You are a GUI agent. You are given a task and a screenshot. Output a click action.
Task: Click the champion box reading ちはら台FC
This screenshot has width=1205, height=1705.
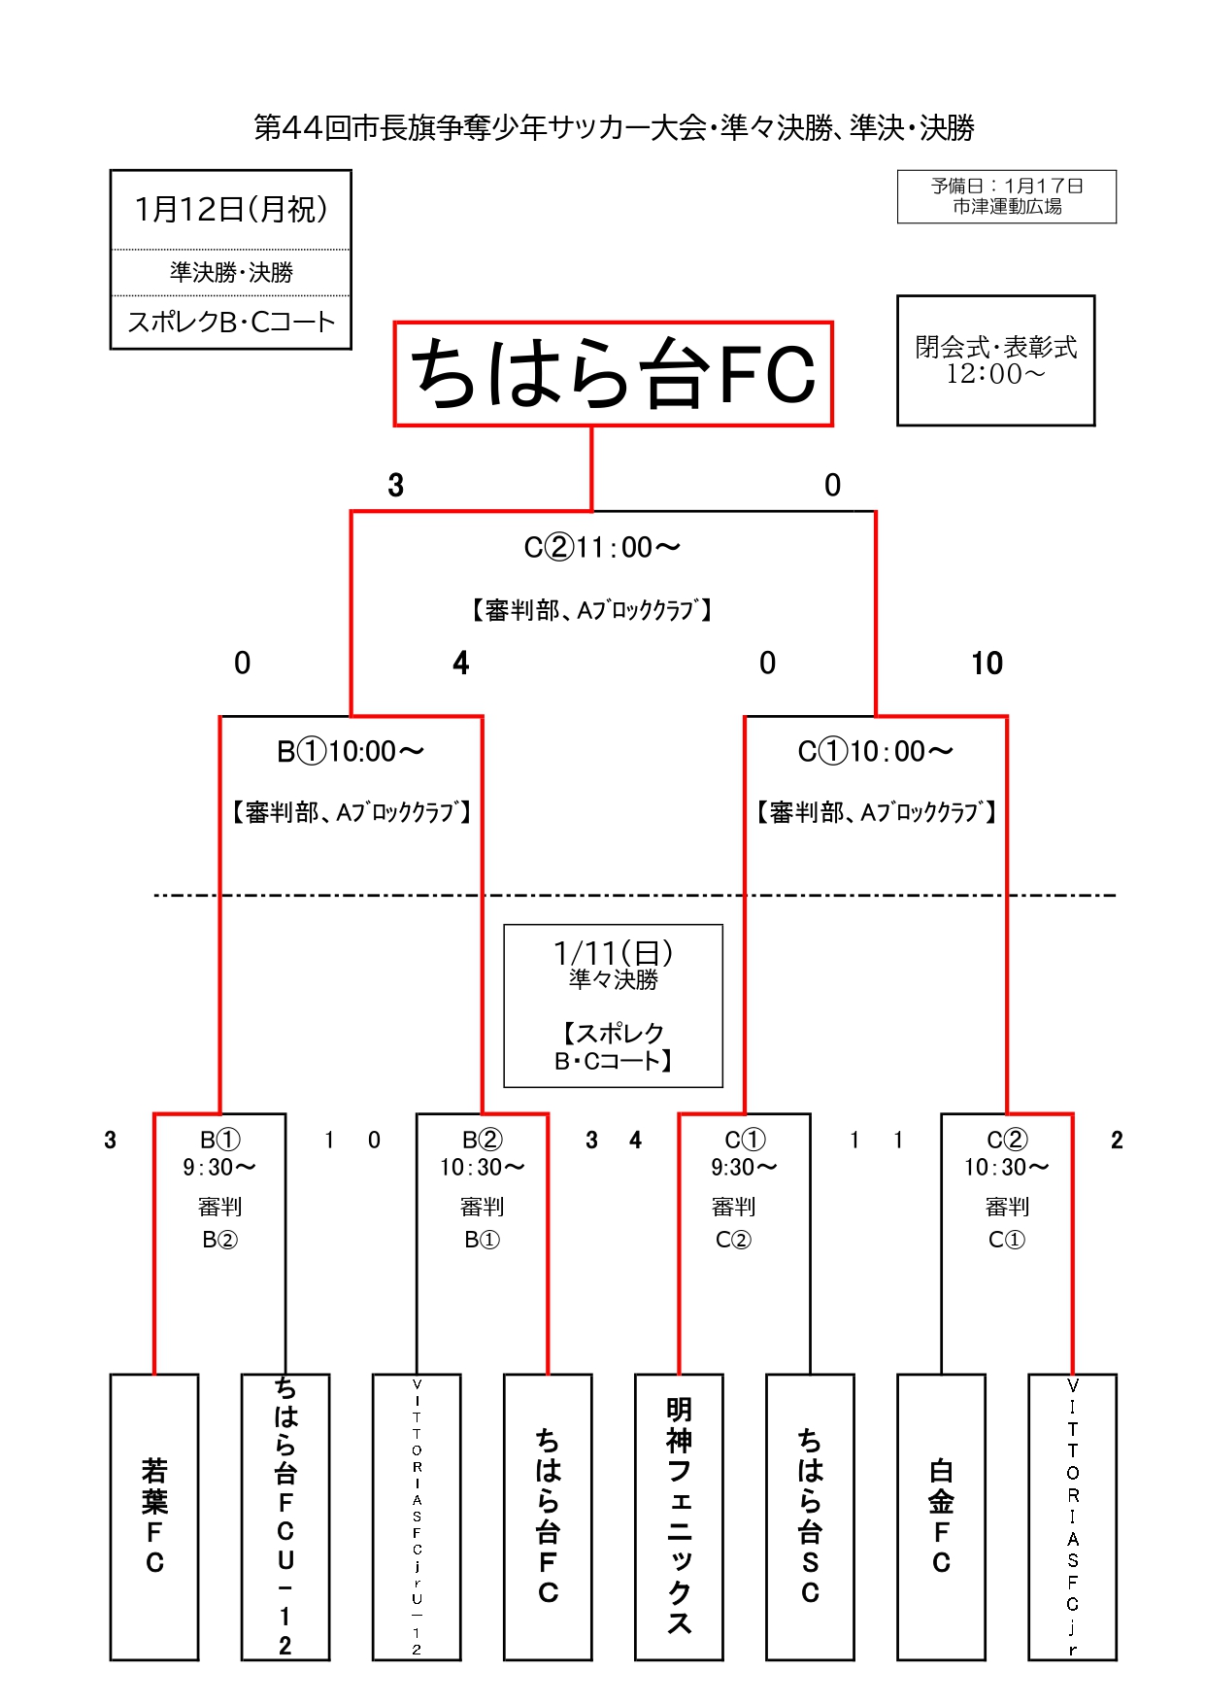click(x=613, y=374)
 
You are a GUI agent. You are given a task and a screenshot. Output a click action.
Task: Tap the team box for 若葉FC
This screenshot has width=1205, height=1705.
click(x=154, y=1516)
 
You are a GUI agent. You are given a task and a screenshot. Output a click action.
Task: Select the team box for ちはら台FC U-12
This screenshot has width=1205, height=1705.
click(x=285, y=1516)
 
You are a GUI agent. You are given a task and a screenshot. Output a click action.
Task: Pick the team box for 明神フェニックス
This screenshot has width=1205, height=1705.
click(x=679, y=1516)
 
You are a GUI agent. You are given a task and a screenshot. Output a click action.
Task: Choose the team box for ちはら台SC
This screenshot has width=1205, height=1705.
click(x=810, y=1516)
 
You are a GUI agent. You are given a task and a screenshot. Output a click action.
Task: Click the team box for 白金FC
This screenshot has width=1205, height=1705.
click(x=941, y=1516)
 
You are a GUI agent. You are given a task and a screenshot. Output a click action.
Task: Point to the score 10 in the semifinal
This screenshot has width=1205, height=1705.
click(x=987, y=664)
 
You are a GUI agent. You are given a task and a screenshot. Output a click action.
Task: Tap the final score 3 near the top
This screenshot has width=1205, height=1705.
click(x=395, y=486)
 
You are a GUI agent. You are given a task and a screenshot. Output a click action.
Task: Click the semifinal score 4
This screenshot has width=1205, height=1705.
click(x=461, y=664)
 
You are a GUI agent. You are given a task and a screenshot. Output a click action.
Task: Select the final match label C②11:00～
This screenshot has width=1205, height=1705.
click(x=602, y=548)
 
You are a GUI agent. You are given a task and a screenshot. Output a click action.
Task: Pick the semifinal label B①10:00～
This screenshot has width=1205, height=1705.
click(x=351, y=752)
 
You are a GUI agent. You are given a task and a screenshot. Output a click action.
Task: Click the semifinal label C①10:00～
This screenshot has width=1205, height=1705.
click(x=875, y=752)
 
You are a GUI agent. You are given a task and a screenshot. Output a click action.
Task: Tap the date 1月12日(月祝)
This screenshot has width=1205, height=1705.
click(x=231, y=209)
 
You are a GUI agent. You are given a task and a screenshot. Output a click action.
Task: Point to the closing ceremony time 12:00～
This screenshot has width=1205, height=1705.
click(x=995, y=375)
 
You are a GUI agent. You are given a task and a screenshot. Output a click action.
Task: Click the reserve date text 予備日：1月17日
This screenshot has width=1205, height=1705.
click(x=1007, y=186)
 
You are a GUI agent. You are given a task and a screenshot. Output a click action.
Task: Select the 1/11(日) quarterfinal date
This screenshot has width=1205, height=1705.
click(x=613, y=953)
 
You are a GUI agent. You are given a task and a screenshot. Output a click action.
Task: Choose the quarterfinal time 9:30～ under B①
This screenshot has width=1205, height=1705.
click(x=219, y=1167)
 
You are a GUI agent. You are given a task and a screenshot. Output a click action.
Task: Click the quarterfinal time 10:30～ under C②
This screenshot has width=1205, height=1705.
click(x=1006, y=1167)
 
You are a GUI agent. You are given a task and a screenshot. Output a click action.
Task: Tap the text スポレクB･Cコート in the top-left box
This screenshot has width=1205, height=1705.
click(x=231, y=323)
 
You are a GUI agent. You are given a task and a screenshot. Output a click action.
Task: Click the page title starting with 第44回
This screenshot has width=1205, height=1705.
click(x=614, y=128)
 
